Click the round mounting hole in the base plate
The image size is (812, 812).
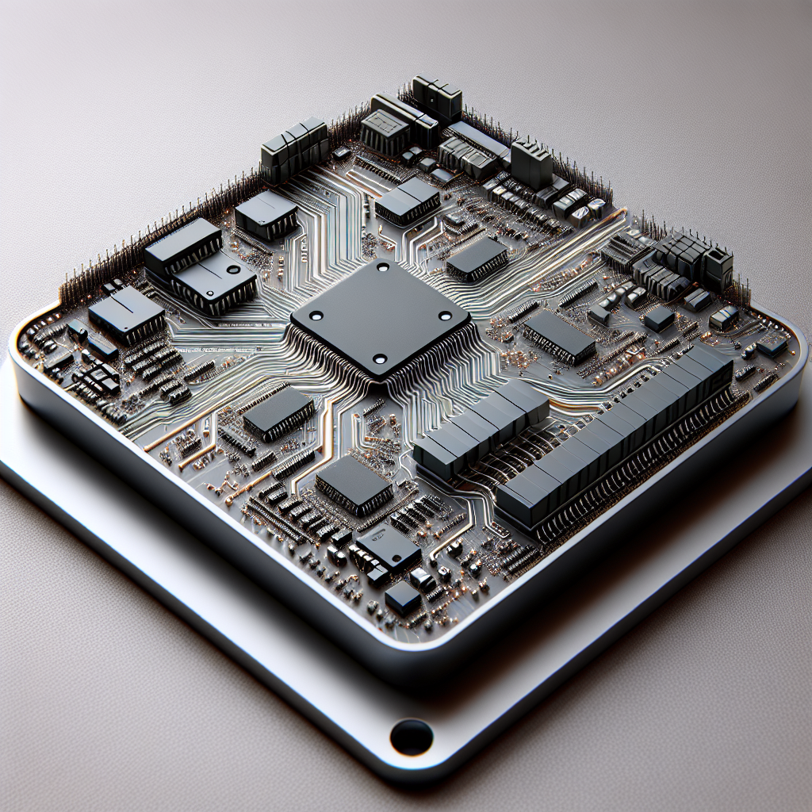[x=412, y=737]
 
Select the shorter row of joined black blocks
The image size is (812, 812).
[x=481, y=428]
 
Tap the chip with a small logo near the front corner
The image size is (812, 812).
[x=387, y=546]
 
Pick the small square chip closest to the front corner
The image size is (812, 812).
[x=403, y=596]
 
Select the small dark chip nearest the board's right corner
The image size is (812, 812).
[x=771, y=347]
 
